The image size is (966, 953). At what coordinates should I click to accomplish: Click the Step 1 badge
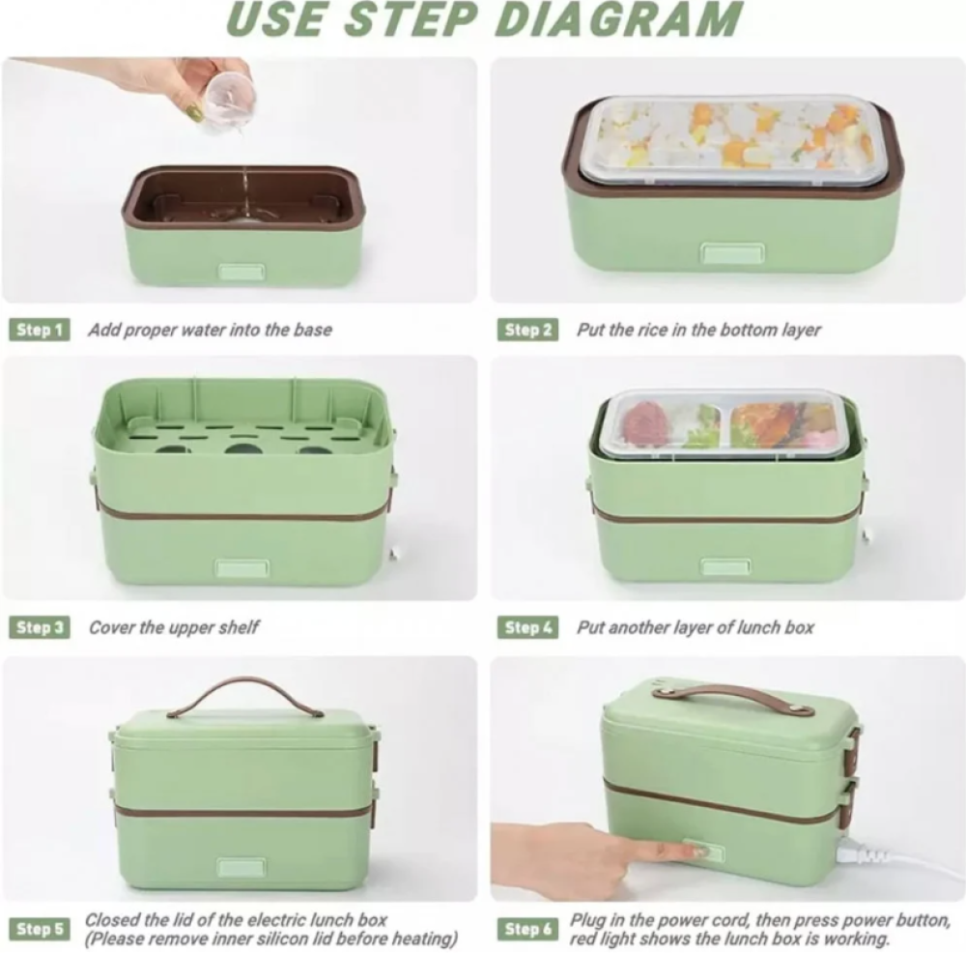40,330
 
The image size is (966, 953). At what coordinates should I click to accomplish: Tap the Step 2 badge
528,330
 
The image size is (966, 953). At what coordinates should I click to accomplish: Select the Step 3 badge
40,627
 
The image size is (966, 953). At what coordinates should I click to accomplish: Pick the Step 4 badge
528,627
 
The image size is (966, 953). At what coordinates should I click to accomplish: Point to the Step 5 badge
40,929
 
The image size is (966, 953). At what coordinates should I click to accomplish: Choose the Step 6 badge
528,929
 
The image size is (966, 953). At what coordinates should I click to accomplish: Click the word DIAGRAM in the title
618,19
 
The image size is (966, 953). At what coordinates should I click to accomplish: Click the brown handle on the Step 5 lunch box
245,695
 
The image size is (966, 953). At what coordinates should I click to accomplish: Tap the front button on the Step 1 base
242,272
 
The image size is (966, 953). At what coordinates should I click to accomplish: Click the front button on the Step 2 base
732,252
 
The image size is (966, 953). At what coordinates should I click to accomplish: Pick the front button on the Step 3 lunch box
242,567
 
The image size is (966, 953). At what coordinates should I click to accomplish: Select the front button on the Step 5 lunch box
242,867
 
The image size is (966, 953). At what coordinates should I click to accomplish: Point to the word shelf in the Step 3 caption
239,627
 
